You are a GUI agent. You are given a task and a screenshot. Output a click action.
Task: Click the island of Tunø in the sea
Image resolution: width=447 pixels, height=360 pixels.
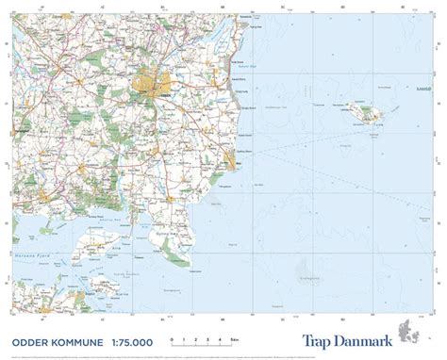coord(363,112)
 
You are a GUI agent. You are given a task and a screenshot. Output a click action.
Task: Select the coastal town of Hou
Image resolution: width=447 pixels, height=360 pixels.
coord(233,163)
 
